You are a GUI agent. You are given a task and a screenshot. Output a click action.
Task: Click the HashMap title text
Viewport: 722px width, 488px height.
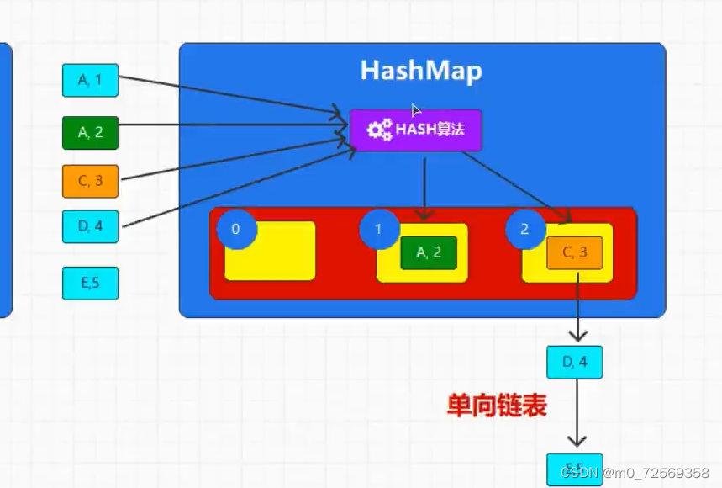coord(421,71)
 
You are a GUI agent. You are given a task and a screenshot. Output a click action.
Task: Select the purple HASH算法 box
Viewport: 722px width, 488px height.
coord(416,130)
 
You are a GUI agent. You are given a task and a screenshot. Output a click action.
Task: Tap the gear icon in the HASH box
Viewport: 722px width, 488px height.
coord(380,130)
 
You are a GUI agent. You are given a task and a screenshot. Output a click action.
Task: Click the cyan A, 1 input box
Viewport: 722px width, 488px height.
coord(90,80)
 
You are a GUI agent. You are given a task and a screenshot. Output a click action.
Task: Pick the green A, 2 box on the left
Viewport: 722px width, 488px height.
coord(90,132)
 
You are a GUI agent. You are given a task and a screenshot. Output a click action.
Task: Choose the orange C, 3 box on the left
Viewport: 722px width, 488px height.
coord(90,181)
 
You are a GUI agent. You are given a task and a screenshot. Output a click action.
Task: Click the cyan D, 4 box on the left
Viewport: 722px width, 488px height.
coord(90,225)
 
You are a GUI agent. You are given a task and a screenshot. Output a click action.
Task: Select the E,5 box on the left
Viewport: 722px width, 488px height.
coord(90,283)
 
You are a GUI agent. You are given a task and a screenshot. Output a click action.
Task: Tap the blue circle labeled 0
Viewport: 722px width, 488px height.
coord(235,230)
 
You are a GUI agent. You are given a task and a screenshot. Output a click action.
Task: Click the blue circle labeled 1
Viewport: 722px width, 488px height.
coord(377,230)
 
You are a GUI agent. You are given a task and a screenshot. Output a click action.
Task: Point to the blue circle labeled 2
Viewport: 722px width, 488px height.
coord(525,230)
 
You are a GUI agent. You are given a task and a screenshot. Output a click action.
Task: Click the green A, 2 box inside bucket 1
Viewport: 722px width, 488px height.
coord(429,253)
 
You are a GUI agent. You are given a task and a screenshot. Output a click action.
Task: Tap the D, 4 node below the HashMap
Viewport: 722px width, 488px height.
coord(575,362)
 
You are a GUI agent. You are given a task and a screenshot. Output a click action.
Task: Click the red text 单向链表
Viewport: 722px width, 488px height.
coord(497,407)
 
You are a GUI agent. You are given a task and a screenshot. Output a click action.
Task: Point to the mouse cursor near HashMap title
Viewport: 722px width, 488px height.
coord(415,110)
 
